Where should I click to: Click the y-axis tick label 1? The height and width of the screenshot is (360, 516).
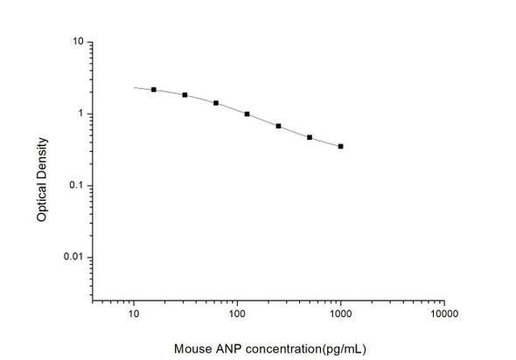click(80, 114)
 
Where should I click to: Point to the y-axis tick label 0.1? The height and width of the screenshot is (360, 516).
click(77, 185)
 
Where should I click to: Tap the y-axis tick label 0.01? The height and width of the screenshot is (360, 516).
click(74, 257)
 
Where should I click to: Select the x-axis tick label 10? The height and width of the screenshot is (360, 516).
click(134, 312)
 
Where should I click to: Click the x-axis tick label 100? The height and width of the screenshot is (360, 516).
click(236, 312)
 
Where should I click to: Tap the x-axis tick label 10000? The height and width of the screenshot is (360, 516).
click(443, 312)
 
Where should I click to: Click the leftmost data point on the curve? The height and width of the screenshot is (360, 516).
click(154, 89)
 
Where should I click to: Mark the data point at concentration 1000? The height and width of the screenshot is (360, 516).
click(340, 147)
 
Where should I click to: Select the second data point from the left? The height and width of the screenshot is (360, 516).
click(185, 94)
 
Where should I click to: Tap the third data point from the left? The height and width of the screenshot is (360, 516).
click(216, 103)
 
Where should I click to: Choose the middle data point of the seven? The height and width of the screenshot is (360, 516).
click(248, 114)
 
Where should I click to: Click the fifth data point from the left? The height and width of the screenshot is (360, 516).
click(278, 127)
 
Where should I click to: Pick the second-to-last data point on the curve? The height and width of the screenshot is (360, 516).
click(310, 137)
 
